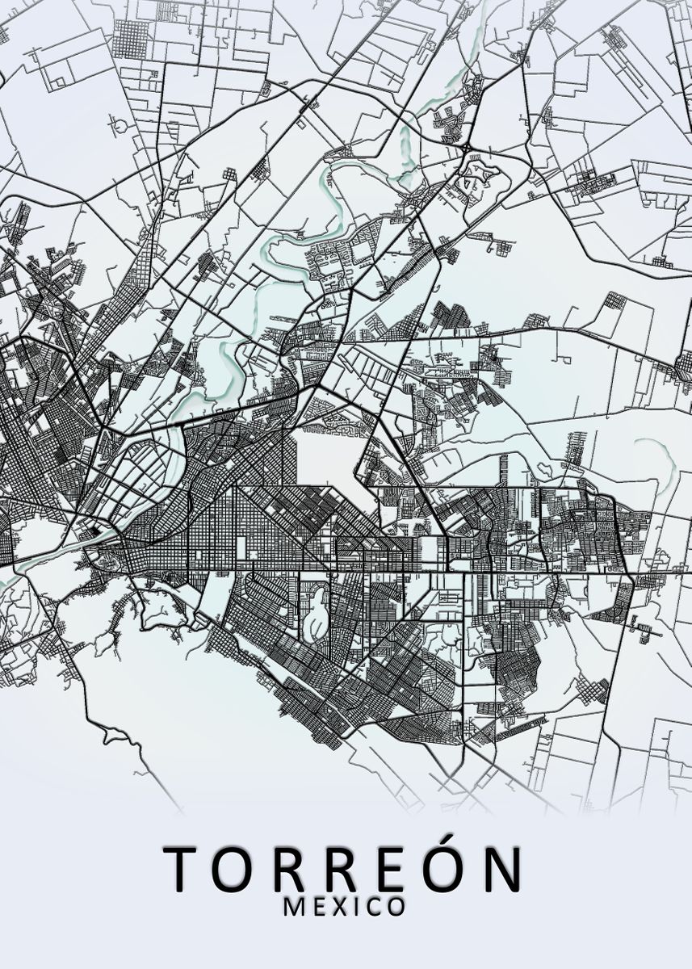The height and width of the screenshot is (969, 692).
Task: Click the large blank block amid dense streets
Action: point(329,460)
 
